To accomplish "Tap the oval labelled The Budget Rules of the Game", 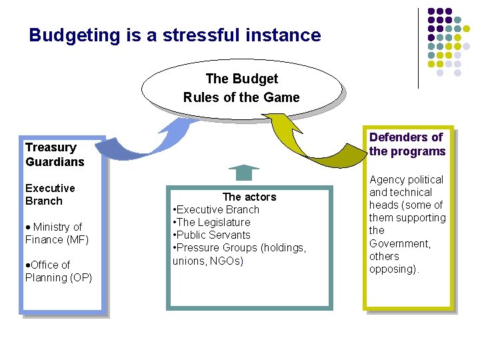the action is click(241, 88).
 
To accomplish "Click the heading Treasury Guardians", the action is click(55, 155).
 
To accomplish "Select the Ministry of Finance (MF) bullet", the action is click(57, 233).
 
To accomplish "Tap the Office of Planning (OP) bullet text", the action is click(58, 271).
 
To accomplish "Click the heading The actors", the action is click(249, 197).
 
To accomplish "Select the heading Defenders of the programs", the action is click(407, 144).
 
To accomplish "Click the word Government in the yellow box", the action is click(400, 243).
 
